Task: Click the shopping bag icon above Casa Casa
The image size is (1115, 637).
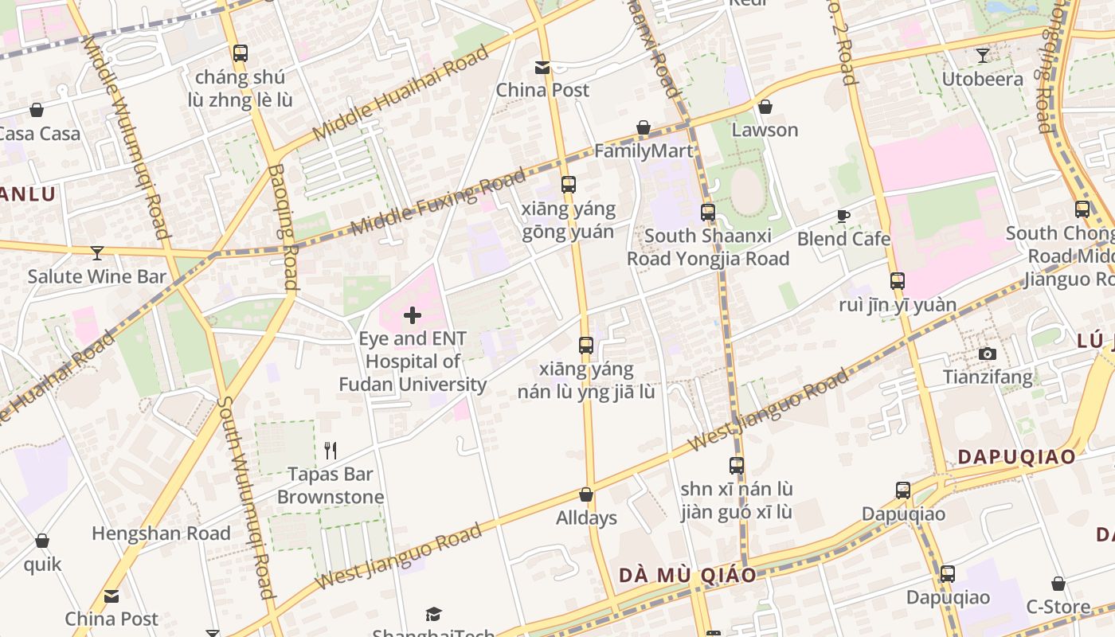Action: (x=36, y=110)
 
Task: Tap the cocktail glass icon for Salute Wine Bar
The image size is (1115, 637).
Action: (x=97, y=253)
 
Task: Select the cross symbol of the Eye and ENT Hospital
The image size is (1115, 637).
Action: (x=412, y=315)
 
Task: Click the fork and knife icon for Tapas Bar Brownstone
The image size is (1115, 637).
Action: (x=331, y=451)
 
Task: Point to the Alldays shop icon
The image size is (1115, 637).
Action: (x=586, y=495)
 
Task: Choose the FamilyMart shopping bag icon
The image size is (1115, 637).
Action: (x=644, y=127)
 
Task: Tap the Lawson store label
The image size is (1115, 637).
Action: (x=765, y=130)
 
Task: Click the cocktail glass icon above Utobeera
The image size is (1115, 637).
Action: (x=983, y=56)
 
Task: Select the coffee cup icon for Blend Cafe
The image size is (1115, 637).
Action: (x=843, y=215)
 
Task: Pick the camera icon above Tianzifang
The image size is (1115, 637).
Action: (x=988, y=354)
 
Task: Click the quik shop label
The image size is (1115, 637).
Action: (x=42, y=565)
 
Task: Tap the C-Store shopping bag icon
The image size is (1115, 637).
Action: (x=1058, y=584)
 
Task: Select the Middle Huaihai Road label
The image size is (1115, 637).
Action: (x=401, y=94)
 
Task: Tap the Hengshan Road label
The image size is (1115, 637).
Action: (x=161, y=533)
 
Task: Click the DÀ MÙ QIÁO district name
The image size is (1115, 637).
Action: (x=687, y=575)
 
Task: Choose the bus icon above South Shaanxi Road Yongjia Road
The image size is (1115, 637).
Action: (x=707, y=213)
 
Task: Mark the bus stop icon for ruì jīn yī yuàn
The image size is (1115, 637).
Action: (x=898, y=281)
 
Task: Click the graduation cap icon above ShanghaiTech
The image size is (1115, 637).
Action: (x=433, y=614)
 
